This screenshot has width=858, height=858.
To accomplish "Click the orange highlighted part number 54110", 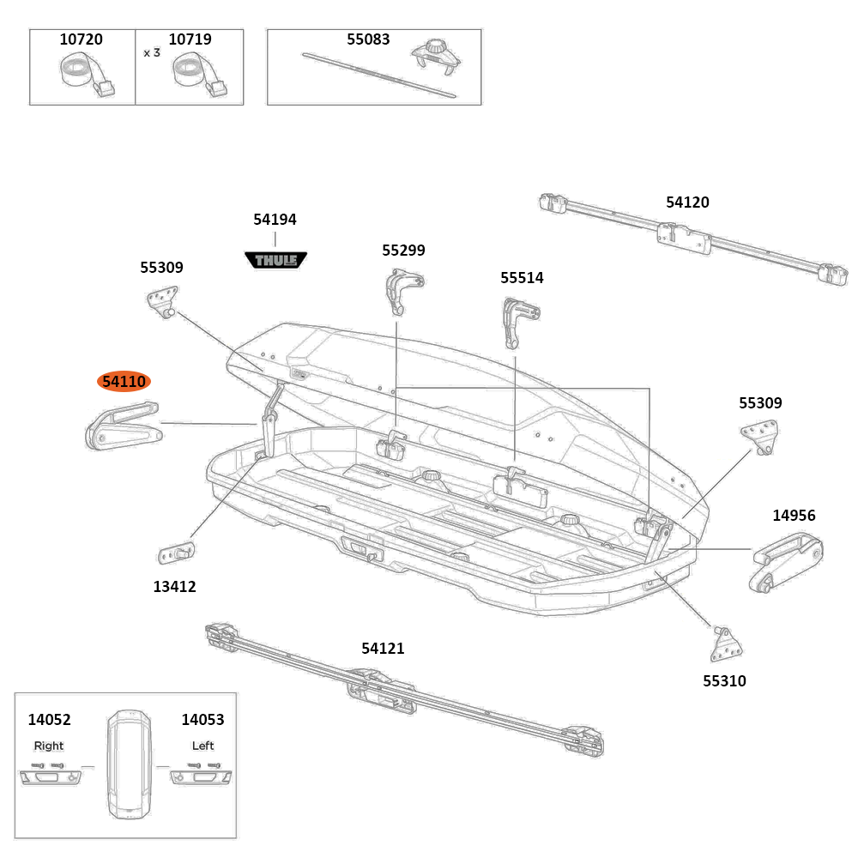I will [124, 382].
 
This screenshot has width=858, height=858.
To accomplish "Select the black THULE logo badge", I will [276, 259].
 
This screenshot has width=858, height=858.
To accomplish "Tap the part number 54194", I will [275, 220].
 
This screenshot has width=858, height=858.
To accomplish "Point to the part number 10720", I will [81, 39].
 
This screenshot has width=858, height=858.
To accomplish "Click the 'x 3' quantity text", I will [152, 52].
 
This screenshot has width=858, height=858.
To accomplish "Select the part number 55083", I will [368, 39].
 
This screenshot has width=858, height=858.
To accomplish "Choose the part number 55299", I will [403, 251].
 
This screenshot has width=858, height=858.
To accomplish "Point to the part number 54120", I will [687, 202].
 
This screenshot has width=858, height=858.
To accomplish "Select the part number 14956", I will [794, 516].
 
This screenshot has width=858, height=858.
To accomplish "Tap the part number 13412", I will [175, 587].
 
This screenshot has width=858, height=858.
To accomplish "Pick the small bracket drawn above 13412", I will [177, 552].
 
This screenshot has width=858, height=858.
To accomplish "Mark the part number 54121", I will [383, 649].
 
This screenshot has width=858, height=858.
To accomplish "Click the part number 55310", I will [724, 681].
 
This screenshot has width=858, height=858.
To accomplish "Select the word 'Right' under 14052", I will [49, 746].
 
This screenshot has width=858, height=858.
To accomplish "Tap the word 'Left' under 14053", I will [202, 746].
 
